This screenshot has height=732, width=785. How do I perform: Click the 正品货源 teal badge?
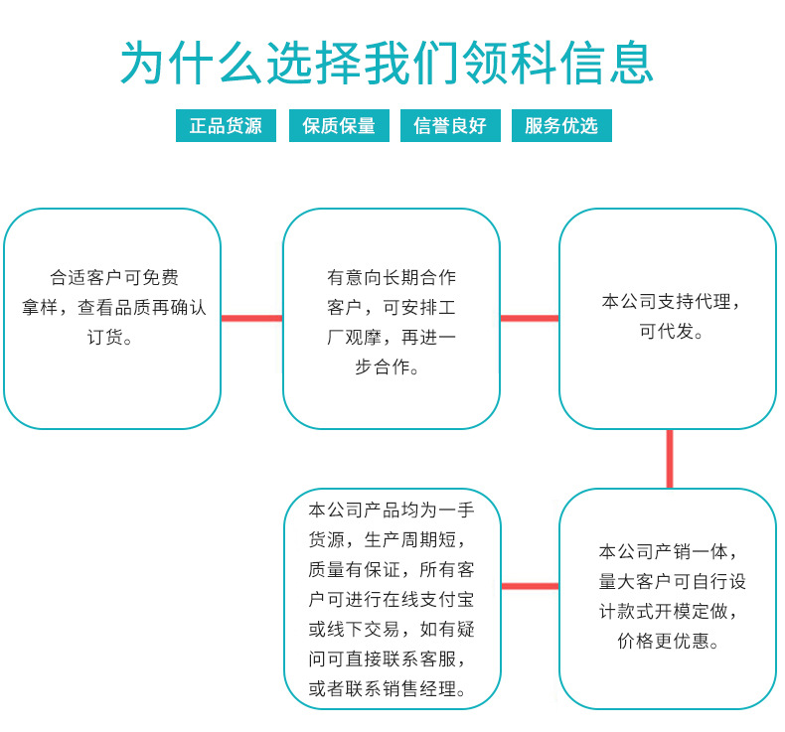(226, 126)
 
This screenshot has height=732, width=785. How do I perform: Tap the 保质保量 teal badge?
(339, 126)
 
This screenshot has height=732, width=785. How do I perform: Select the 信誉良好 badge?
(450, 126)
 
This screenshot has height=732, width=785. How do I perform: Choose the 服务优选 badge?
(561, 126)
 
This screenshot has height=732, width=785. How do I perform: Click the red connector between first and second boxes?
(251, 318)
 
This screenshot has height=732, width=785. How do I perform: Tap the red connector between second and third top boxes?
(529, 318)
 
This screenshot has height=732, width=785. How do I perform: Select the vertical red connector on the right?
(669, 459)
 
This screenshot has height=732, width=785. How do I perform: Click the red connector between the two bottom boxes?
(530, 585)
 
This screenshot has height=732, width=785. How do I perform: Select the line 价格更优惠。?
(669, 641)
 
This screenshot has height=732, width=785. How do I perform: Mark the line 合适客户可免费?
(114, 277)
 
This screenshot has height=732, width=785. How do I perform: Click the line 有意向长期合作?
(392, 277)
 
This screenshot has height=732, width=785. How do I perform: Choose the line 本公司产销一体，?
(669, 551)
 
